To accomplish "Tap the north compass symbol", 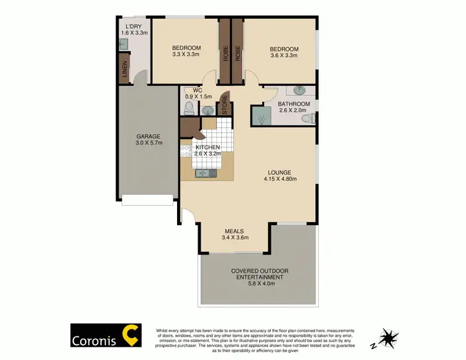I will [x=390, y=339].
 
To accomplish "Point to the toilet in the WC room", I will [x=189, y=108].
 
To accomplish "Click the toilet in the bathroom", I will [x=314, y=118].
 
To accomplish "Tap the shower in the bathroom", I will [x=261, y=116].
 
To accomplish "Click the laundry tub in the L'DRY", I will [x=123, y=44].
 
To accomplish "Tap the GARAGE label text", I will [x=148, y=137].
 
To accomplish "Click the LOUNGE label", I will [x=279, y=173].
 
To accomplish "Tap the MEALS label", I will [x=235, y=231].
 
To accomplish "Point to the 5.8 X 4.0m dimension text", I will [x=260, y=284].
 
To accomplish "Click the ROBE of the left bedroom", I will [x=224, y=52].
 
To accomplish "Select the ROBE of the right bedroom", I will [x=237, y=52].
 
